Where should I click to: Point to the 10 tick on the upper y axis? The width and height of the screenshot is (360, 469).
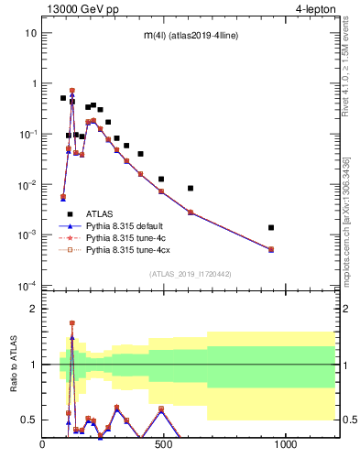[31, 33]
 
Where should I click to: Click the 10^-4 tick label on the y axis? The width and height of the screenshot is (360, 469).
[28, 286]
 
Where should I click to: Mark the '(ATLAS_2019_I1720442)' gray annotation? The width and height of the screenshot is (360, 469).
[191, 273]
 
